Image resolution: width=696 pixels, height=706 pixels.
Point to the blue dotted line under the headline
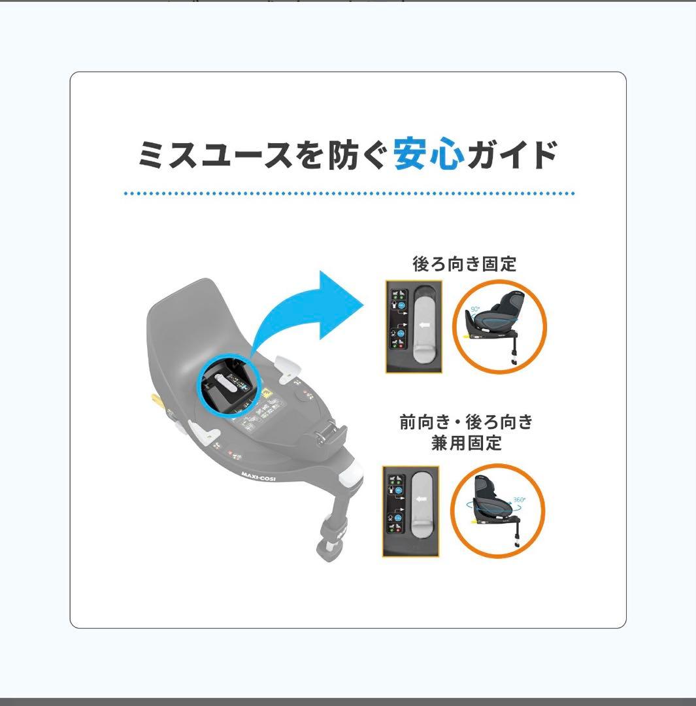[x=349, y=193]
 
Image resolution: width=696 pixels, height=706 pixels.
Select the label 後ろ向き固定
[x=465, y=264]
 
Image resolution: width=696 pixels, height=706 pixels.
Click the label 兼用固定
[x=467, y=443]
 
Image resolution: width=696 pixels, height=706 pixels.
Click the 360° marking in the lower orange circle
[x=519, y=500]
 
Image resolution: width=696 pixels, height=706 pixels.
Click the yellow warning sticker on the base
[x=267, y=394]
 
